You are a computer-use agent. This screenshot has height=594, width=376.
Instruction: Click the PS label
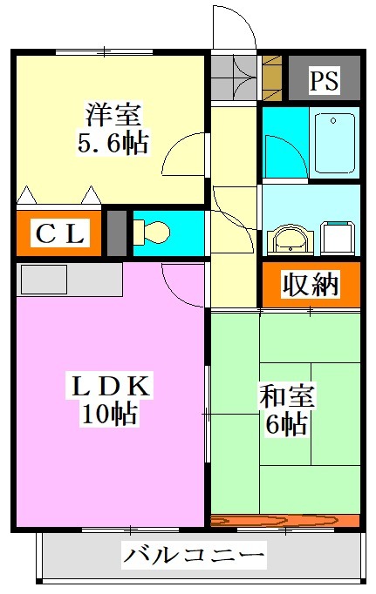click(324, 79)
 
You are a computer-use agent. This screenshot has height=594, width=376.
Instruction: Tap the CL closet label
click(59, 233)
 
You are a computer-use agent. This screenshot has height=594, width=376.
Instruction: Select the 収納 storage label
click(310, 284)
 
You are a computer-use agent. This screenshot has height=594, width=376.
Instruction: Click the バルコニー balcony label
click(194, 556)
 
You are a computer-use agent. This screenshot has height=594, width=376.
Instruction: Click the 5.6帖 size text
click(113, 142)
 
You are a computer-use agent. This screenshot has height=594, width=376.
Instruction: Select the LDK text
click(111, 386)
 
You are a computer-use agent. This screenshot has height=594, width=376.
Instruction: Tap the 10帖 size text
click(110, 414)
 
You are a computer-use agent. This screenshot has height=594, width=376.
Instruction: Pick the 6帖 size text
click(286, 423)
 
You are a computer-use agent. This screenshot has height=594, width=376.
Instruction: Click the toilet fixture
click(152, 233)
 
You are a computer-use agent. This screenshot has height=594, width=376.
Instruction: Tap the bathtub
click(334, 143)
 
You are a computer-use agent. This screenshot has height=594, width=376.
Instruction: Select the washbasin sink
click(291, 240)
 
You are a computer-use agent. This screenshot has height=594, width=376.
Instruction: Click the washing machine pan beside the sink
click(338, 238)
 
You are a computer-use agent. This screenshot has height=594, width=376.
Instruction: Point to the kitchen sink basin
click(44, 280)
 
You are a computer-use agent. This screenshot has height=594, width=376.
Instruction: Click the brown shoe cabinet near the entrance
click(272, 78)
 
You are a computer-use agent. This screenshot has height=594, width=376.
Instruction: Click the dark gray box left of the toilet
click(117, 233)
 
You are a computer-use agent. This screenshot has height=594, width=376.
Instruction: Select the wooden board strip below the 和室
click(285, 521)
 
